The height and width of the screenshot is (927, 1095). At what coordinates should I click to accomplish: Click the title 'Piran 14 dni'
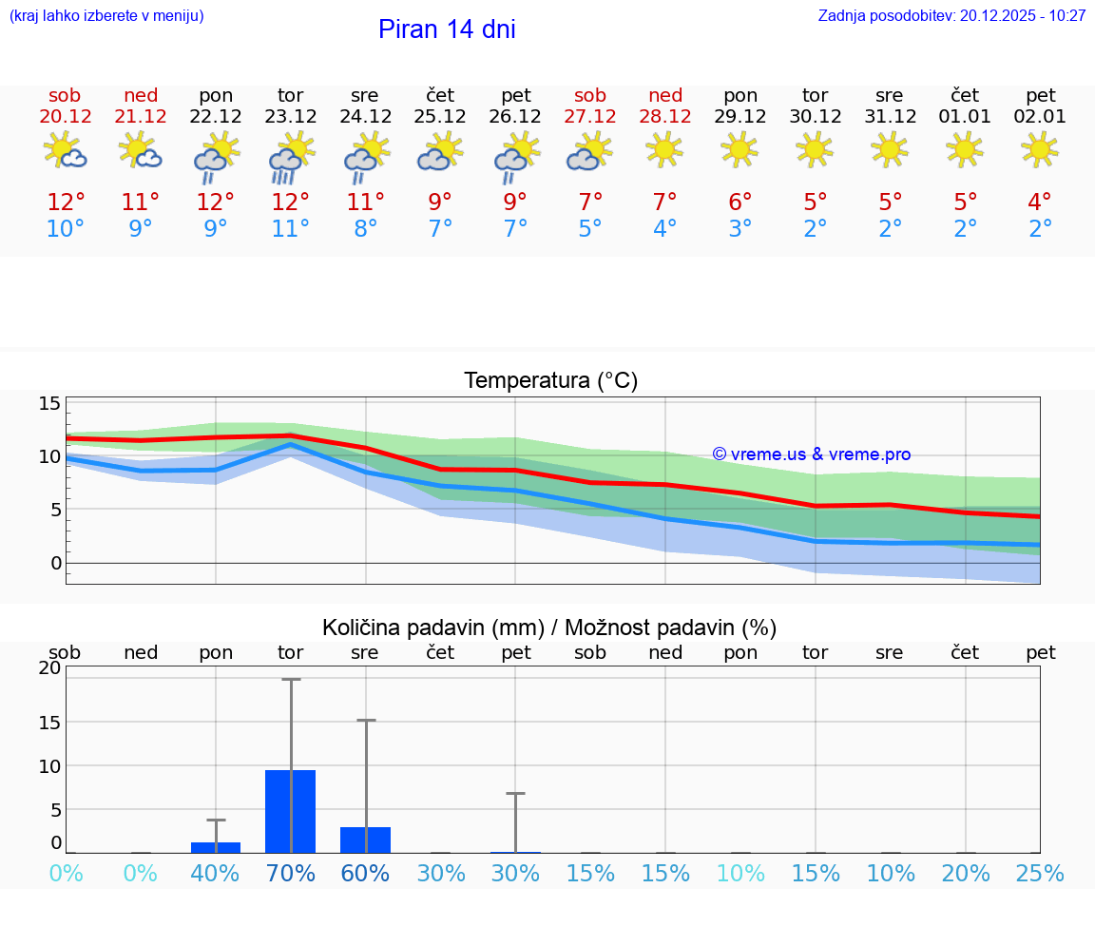pyautogui.click(x=447, y=29)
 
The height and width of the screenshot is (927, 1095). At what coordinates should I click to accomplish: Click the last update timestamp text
pyautogui.click(x=951, y=16)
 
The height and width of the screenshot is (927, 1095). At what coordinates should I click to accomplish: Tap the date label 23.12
pyautogui.click(x=290, y=117)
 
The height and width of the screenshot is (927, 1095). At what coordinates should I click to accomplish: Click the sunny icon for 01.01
pyautogui.click(x=965, y=149)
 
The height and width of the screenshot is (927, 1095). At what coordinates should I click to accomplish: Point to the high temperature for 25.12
pyautogui.click(x=440, y=203)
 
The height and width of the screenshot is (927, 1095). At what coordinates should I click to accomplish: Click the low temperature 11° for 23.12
pyautogui.click(x=290, y=229)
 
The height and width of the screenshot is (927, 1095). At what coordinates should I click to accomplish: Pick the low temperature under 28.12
pyautogui.click(x=664, y=229)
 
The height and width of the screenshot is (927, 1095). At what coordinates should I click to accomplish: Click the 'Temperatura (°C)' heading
pyautogui.click(x=550, y=381)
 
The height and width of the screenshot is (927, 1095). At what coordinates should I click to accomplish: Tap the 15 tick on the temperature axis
pyautogui.click(x=49, y=403)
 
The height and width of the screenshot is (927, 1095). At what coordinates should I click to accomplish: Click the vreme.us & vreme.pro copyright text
pyautogui.click(x=811, y=454)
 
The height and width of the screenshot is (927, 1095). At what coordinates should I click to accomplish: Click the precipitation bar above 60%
pyautogui.click(x=365, y=840)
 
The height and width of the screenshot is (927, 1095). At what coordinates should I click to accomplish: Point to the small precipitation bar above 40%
pyautogui.click(x=216, y=847)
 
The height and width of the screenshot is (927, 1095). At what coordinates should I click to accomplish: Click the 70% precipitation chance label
pyautogui.click(x=290, y=873)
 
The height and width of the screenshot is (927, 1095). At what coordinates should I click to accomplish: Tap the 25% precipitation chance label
pyautogui.click(x=1040, y=873)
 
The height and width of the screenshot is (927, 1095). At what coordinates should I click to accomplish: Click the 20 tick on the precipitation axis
pyautogui.click(x=49, y=667)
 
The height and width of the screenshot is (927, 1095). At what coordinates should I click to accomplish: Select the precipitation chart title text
pyautogui.click(x=549, y=628)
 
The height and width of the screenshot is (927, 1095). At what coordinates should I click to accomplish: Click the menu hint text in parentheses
pyautogui.click(x=106, y=16)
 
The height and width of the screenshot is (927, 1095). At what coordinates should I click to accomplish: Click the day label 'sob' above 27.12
pyautogui.click(x=590, y=95)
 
